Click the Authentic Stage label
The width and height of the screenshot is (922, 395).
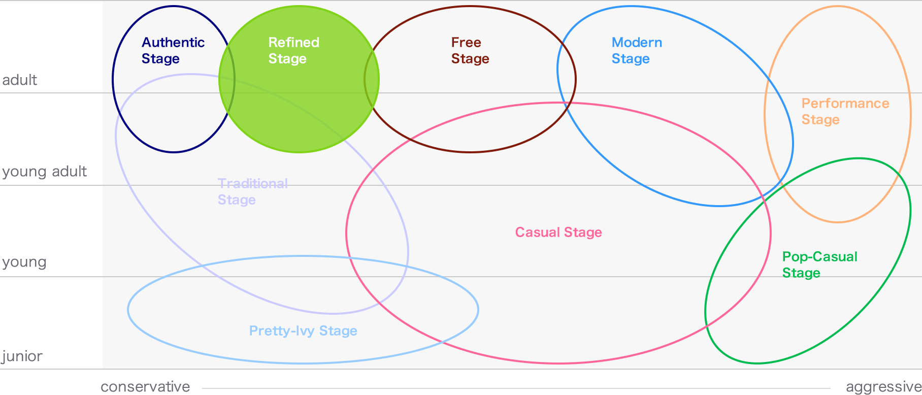point(173,50)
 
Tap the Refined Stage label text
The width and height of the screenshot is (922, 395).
point(294,50)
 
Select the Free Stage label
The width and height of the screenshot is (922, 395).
point(470,50)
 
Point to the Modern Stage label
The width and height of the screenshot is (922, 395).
point(637,50)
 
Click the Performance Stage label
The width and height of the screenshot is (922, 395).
point(845,111)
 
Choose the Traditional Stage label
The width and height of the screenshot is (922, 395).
point(253,191)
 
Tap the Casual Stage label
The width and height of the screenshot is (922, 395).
point(558,232)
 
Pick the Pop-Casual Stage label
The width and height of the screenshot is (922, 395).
point(819,265)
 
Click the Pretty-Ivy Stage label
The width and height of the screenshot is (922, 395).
point(303,331)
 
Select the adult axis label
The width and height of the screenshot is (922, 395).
point(19,80)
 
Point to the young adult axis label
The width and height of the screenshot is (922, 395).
point(44,172)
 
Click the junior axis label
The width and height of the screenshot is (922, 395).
point(22,356)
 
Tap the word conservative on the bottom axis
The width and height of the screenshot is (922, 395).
point(145,387)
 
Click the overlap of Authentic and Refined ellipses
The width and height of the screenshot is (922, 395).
point(227,79)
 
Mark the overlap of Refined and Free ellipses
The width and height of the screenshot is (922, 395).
point(372,79)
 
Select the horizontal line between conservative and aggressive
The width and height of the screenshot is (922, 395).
point(516,389)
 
